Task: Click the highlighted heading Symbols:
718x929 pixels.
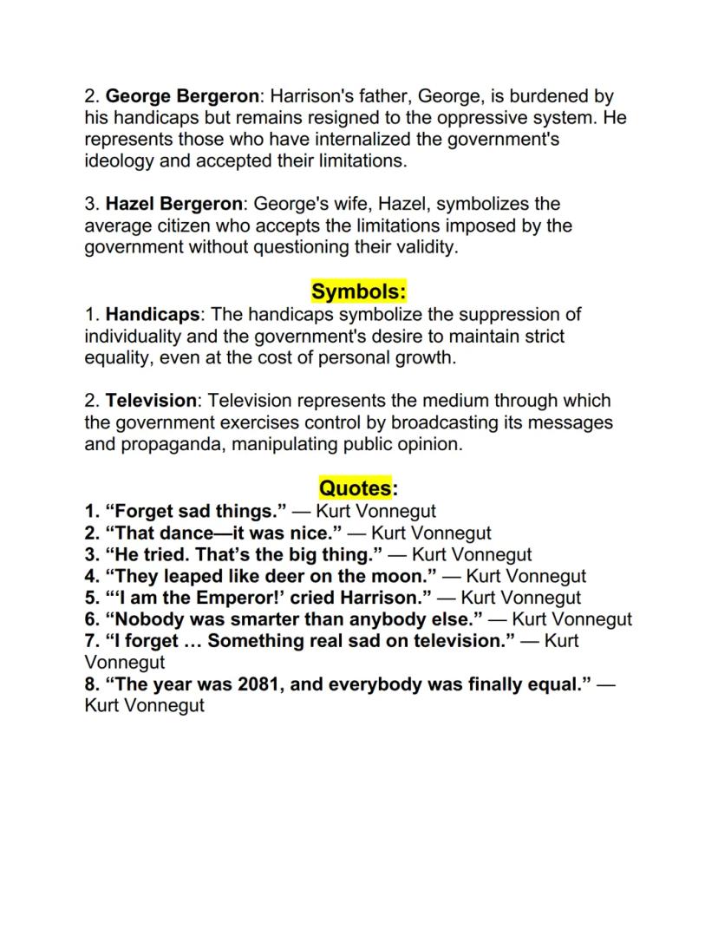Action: click(x=359, y=291)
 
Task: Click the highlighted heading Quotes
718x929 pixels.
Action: click(x=355, y=488)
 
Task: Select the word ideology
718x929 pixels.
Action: click(x=117, y=161)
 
